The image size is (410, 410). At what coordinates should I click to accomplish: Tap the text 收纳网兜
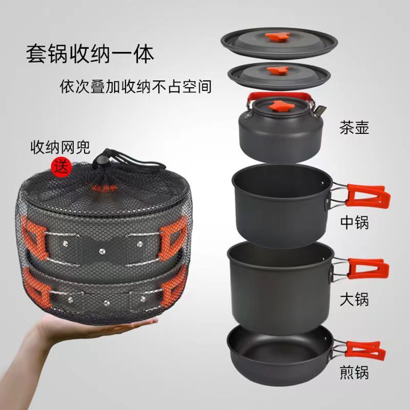coord(59,149)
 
